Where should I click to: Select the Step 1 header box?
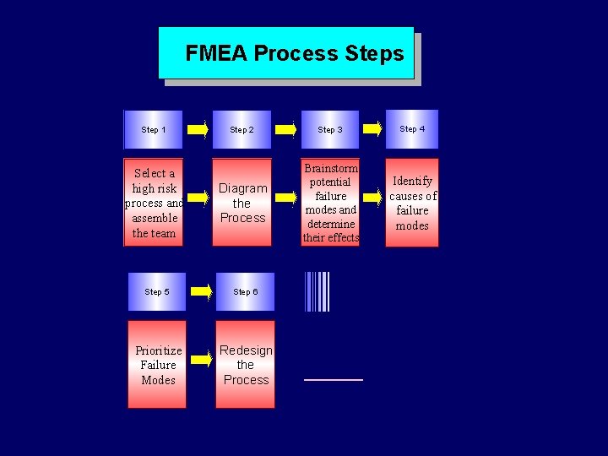tap(153, 129)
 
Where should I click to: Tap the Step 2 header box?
tap(242, 129)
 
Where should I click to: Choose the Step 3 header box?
tap(329, 129)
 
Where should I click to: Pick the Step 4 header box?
tap(412, 128)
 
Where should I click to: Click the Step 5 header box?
tap(156, 291)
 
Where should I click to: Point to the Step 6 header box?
tap(245, 291)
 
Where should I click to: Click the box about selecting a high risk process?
tap(154, 203)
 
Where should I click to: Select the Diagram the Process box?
tap(242, 203)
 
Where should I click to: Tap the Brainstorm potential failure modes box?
tap(330, 203)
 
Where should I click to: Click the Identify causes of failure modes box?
tap(412, 203)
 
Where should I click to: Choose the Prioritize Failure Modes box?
tap(157, 364)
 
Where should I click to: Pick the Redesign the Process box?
tap(245, 364)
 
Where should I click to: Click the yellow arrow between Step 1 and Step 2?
tap(198, 129)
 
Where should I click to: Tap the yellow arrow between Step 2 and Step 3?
tap(287, 129)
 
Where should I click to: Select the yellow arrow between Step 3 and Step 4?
tap(372, 129)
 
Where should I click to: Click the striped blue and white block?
tap(317, 291)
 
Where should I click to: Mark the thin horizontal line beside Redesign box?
tap(333, 380)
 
